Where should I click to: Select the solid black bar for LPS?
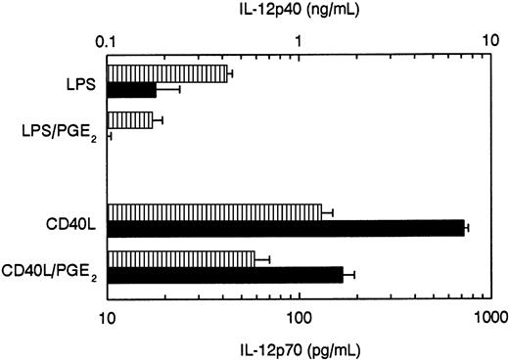[x=131, y=90]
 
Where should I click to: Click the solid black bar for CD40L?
[x=285, y=228]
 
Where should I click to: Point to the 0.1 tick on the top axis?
[x=107, y=44]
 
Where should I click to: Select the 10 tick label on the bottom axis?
[x=107, y=316]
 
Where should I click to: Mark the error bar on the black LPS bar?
[x=168, y=90]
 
